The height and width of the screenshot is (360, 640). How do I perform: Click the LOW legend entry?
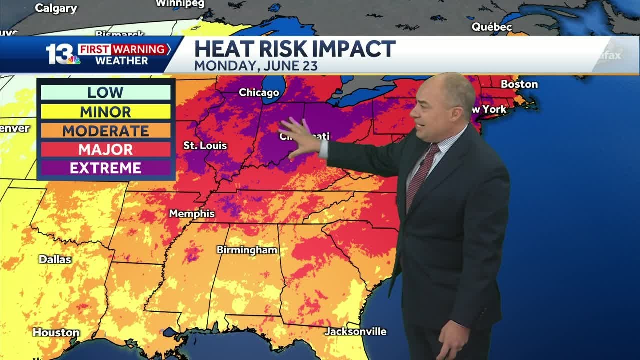tap(105, 92)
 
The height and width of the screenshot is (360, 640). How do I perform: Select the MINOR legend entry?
tap(105, 111)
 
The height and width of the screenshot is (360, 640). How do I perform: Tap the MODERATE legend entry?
tap(105, 131)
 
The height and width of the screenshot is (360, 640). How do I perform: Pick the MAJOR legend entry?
tap(105, 149)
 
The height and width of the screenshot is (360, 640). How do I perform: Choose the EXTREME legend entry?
tap(105, 168)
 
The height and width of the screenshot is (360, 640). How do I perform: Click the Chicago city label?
tap(259, 92)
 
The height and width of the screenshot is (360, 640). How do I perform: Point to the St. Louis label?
tap(205, 146)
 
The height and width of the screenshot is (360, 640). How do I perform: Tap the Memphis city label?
tap(192, 214)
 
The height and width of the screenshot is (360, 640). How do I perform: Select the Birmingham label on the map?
tap(247, 250)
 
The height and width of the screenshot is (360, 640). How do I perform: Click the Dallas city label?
tap(55, 260)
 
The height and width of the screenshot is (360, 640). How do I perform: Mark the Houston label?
tap(56, 332)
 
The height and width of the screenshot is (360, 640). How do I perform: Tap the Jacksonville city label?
tap(355, 331)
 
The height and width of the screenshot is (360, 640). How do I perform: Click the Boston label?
tap(519, 84)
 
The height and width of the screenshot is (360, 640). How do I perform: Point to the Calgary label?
tap(56, 8)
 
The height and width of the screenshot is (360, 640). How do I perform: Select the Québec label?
tap(492, 27)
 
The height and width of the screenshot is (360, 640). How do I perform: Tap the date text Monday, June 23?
tap(256, 66)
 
